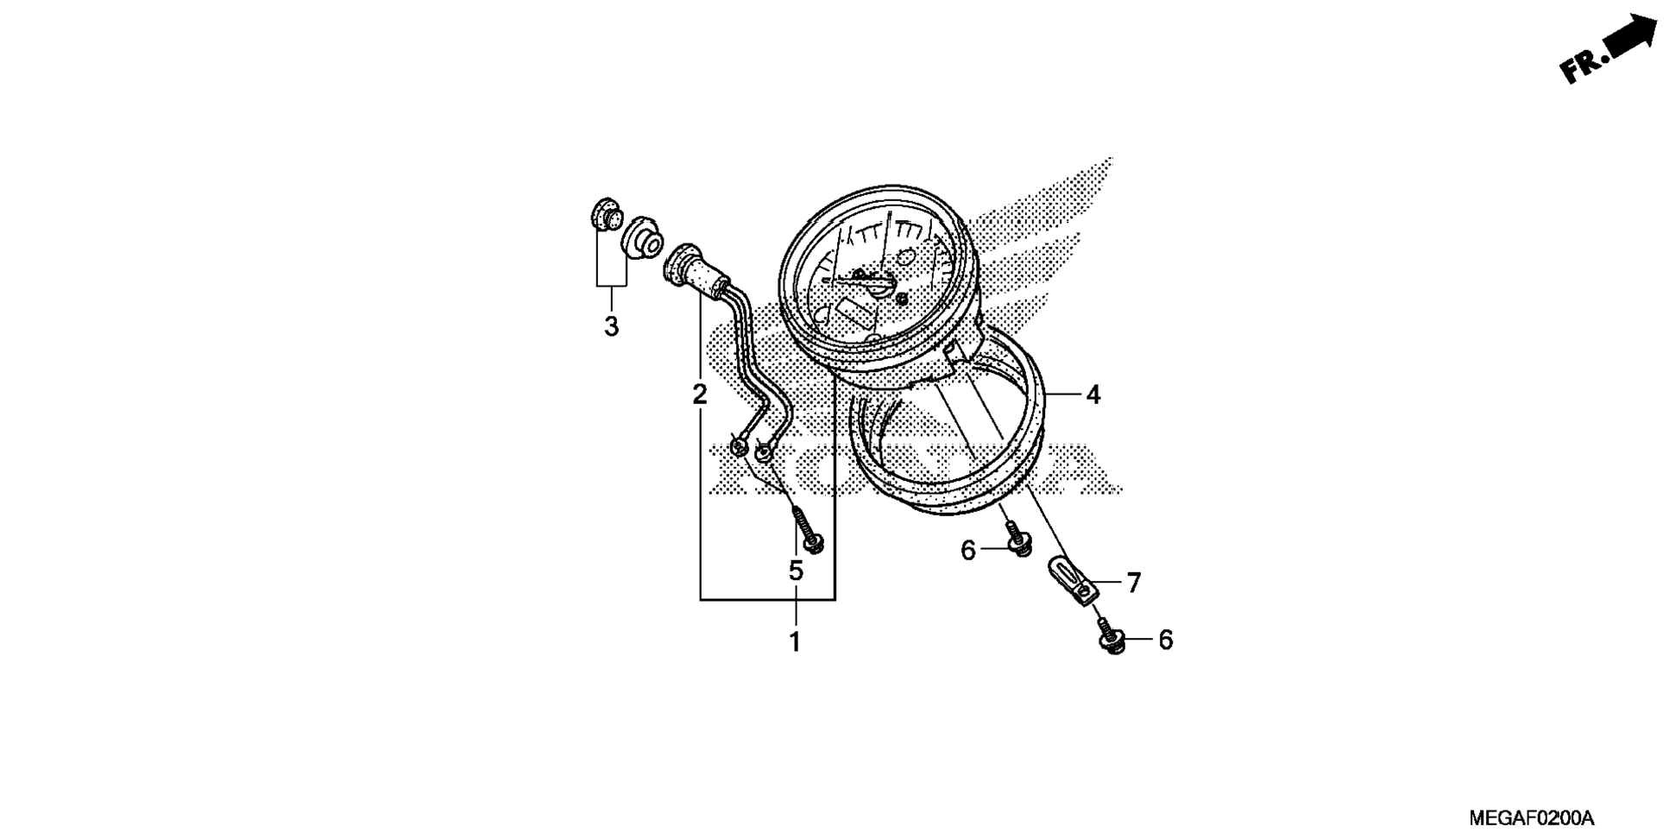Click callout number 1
[794, 641]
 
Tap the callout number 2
[699, 394]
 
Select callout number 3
[611, 326]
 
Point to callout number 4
[1093, 394]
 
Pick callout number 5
[795, 571]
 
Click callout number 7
[1133, 583]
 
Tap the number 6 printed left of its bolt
[967, 550]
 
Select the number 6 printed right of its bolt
[1165, 640]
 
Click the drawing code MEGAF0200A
[1531, 817]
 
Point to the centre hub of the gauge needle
[879, 285]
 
